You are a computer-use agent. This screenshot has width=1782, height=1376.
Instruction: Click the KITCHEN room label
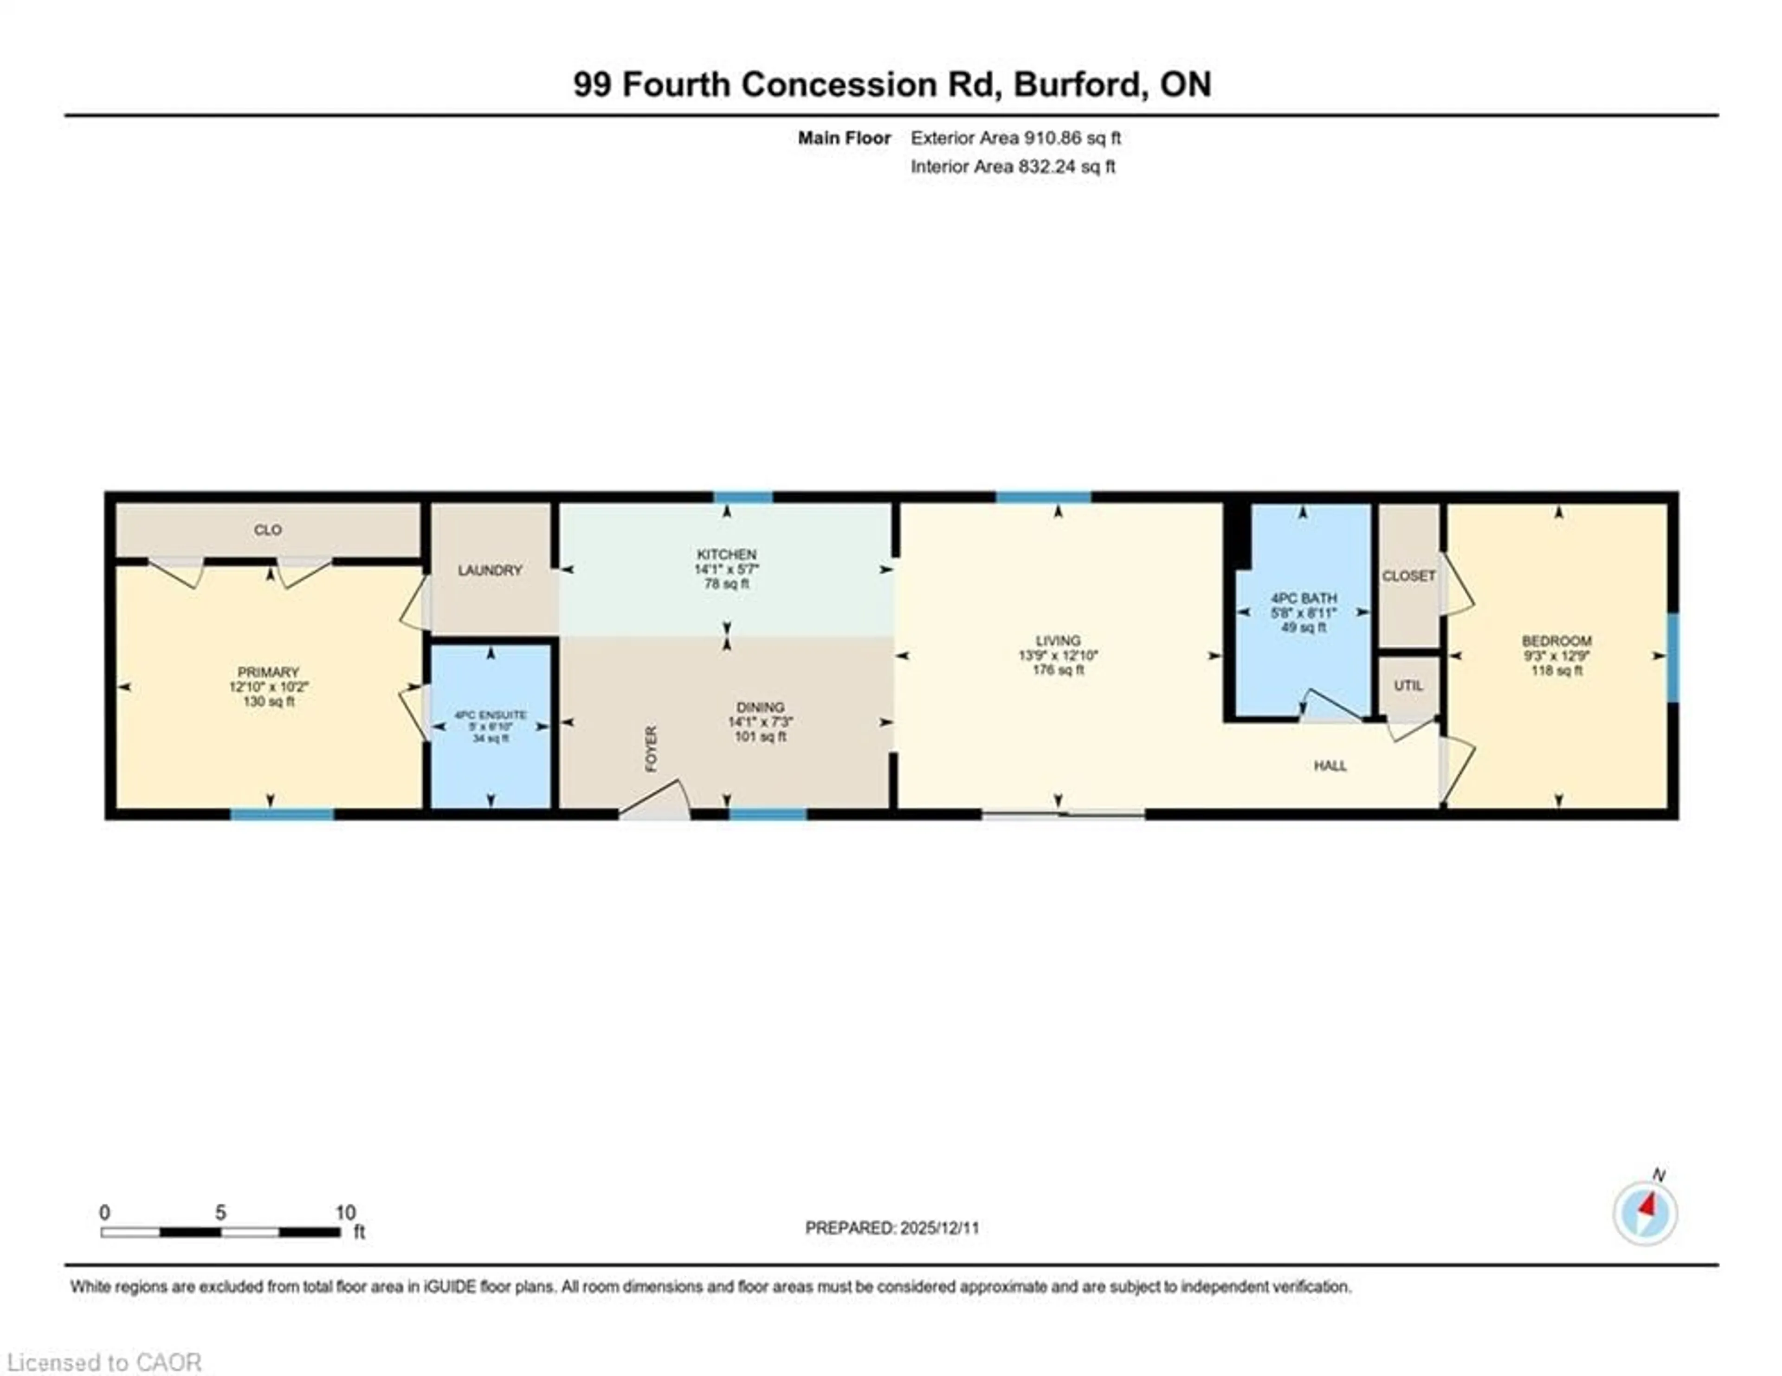(726, 554)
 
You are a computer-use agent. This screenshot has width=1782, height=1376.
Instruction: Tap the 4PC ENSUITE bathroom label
(491, 715)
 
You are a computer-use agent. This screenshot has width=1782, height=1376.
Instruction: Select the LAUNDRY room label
(490, 571)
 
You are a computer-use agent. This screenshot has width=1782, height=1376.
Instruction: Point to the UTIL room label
(1408, 686)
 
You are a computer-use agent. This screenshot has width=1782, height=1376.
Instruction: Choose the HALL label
(1330, 766)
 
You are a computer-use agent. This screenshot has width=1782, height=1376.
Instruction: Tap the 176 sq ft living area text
(1058, 670)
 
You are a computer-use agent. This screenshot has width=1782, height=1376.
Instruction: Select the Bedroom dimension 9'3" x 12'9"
(1557, 656)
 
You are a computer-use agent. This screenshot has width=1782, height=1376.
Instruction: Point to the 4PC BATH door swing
(1330, 707)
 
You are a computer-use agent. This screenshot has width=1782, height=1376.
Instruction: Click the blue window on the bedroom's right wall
(1672, 657)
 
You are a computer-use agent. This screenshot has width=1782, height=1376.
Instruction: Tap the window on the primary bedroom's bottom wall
(282, 814)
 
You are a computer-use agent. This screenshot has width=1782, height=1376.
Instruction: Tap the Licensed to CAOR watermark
(103, 1362)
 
